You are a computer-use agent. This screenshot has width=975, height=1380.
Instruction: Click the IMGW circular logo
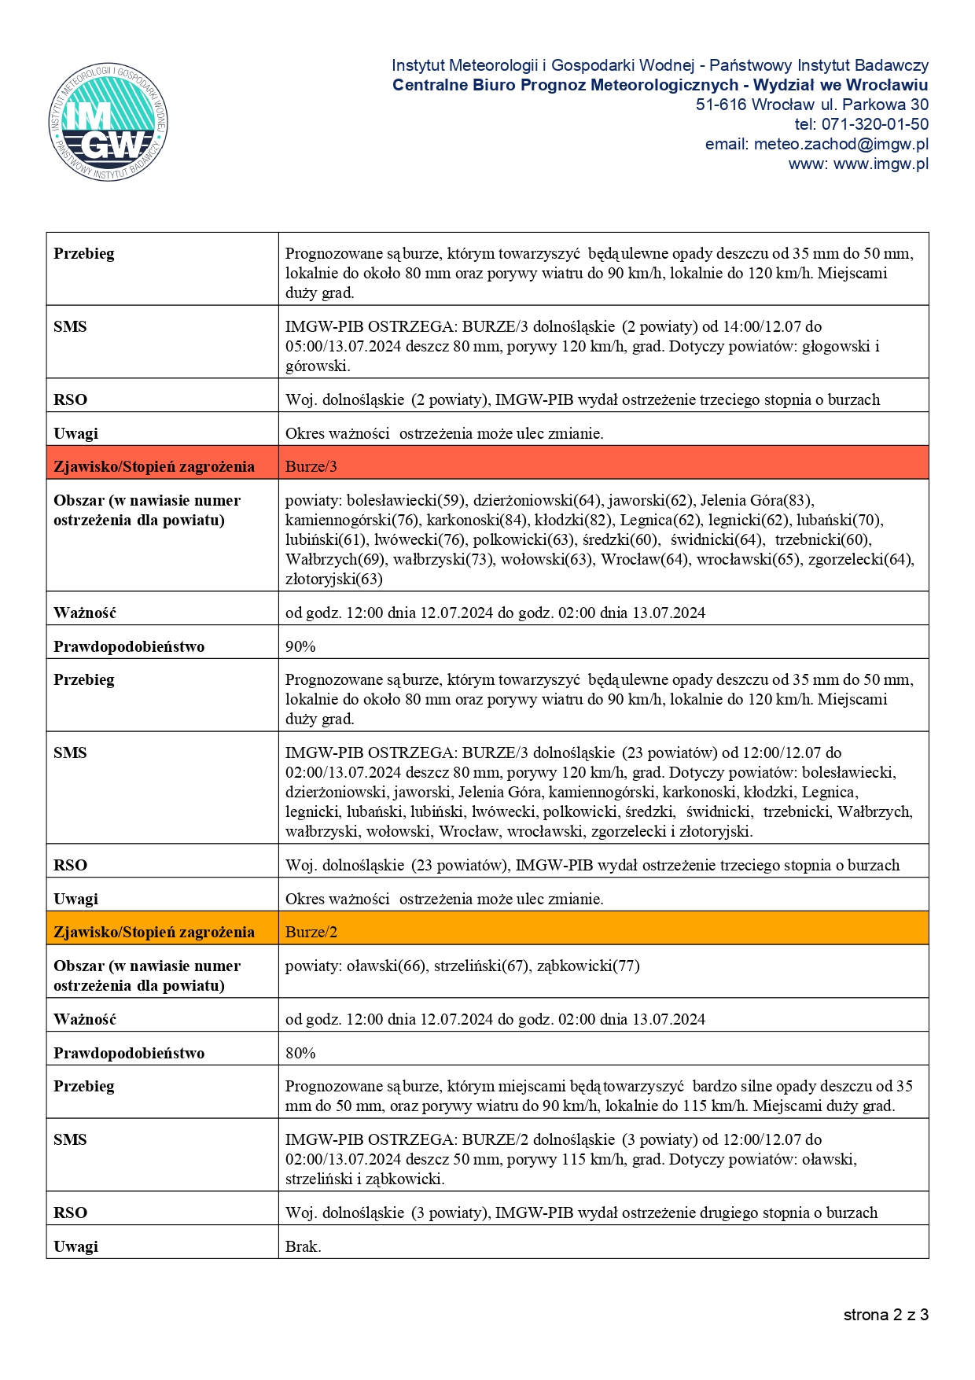(109, 123)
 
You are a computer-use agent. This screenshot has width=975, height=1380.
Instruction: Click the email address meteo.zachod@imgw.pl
(841, 144)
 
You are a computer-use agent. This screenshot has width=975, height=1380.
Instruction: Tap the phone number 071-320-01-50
(874, 124)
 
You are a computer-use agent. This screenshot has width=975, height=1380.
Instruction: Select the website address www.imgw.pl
(881, 164)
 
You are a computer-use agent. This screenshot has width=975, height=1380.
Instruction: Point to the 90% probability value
(300, 646)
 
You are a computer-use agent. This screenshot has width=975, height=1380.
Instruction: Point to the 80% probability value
(300, 1053)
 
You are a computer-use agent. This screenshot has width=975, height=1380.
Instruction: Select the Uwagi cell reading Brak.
(304, 1246)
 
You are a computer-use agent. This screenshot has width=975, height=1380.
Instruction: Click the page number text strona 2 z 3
(885, 1315)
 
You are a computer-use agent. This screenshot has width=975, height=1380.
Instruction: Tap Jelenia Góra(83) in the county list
(756, 500)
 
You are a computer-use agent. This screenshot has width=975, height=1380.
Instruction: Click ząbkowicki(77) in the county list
(588, 966)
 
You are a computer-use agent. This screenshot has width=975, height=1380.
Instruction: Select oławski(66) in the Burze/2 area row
(387, 966)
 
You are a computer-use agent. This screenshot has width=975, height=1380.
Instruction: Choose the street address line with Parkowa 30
(811, 105)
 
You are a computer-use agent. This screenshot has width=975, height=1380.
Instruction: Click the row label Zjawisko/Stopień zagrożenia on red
(154, 466)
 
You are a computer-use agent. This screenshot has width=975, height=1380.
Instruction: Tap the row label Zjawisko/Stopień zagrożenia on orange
(154, 932)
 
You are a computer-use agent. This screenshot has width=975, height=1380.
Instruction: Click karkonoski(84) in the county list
(479, 520)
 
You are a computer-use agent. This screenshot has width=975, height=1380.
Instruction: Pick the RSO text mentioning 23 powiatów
(592, 865)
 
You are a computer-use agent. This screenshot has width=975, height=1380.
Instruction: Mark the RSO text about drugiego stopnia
(581, 1213)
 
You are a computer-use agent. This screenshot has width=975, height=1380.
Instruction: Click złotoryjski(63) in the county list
(334, 580)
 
